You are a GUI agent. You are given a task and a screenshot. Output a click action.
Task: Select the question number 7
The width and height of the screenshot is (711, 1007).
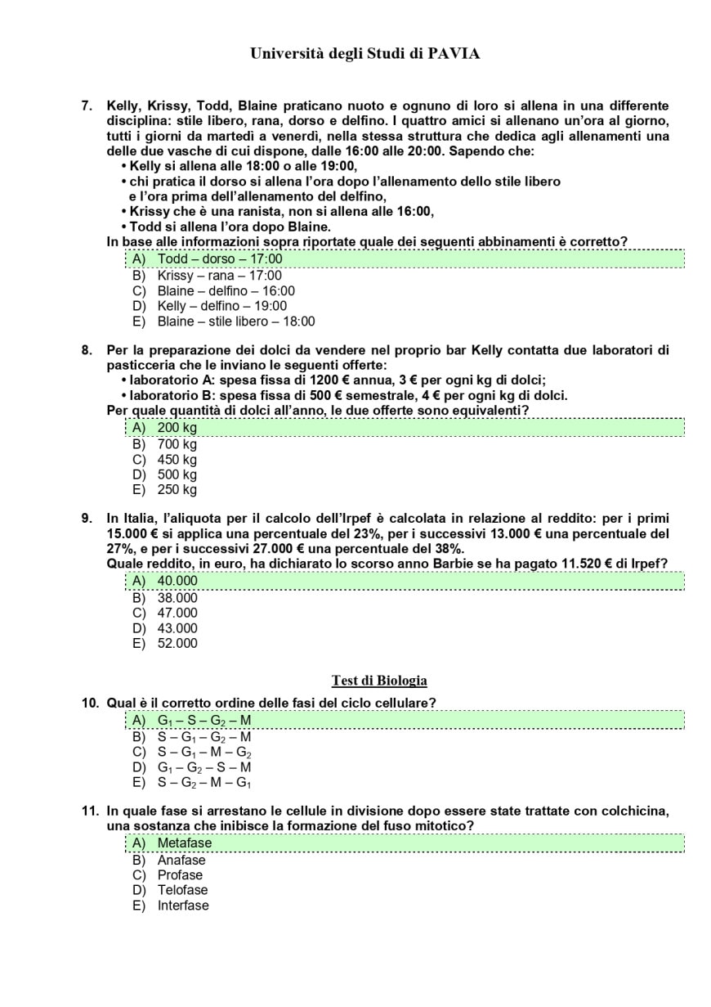(86, 106)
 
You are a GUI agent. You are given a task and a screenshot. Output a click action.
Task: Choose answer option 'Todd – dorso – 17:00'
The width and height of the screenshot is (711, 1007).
(219, 259)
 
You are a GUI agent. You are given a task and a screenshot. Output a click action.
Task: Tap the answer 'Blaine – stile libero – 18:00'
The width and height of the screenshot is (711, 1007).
(235, 321)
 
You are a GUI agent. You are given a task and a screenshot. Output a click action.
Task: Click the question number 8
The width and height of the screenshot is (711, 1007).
(86, 350)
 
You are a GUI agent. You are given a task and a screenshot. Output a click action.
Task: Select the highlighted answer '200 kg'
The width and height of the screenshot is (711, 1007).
(177, 428)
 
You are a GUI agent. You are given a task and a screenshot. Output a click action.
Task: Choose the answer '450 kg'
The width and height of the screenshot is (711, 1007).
(177, 460)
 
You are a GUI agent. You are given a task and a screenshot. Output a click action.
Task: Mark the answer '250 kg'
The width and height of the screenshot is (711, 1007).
(177, 490)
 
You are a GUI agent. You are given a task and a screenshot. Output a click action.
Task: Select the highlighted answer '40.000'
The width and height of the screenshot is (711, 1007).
(177, 581)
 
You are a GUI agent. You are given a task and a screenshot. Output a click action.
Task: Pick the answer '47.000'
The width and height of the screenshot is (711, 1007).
(177, 613)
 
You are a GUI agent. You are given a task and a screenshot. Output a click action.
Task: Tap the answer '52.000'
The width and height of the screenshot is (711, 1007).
(177, 643)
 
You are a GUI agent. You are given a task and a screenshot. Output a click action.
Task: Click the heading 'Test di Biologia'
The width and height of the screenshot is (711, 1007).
(379, 681)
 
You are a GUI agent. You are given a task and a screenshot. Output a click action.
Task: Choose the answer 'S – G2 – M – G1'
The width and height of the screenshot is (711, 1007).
(203, 783)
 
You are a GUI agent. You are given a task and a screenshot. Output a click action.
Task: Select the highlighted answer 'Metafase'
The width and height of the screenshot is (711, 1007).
(184, 843)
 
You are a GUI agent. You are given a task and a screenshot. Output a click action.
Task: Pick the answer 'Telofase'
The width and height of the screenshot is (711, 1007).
(182, 890)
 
